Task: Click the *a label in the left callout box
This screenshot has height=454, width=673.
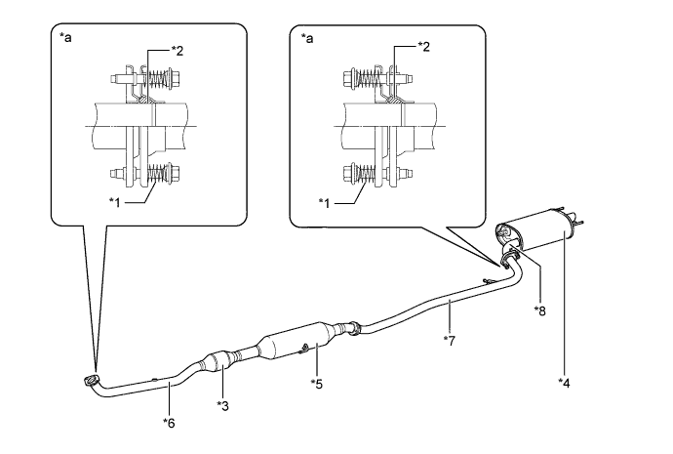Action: pyautogui.click(x=65, y=38)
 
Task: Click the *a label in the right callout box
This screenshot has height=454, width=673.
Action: pyautogui.click(x=307, y=39)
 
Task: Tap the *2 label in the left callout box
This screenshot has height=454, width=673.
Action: pyautogui.click(x=177, y=51)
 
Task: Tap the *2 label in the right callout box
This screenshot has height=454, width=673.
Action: pyautogui.click(x=422, y=47)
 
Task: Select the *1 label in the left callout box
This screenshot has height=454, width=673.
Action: pyautogui.click(x=114, y=202)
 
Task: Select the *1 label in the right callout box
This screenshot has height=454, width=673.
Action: pyautogui.click(x=325, y=203)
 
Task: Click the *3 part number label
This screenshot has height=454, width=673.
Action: pyautogui.click(x=222, y=405)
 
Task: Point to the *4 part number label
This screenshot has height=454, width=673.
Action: pyautogui.click(x=564, y=383)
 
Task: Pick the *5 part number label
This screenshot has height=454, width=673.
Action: pyautogui.click(x=316, y=384)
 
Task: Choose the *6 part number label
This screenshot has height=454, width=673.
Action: pyautogui.click(x=169, y=423)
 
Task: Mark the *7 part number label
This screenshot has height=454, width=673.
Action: pyautogui.click(x=449, y=341)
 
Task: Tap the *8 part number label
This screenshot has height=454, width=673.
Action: pyautogui.click(x=539, y=310)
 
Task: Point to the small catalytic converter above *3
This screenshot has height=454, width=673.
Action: pyautogui.click(x=218, y=363)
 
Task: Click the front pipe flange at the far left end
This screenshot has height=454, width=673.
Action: pyautogui.click(x=91, y=380)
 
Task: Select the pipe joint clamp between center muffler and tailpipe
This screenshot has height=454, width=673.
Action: pyautogui.click(x=355, y=329)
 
